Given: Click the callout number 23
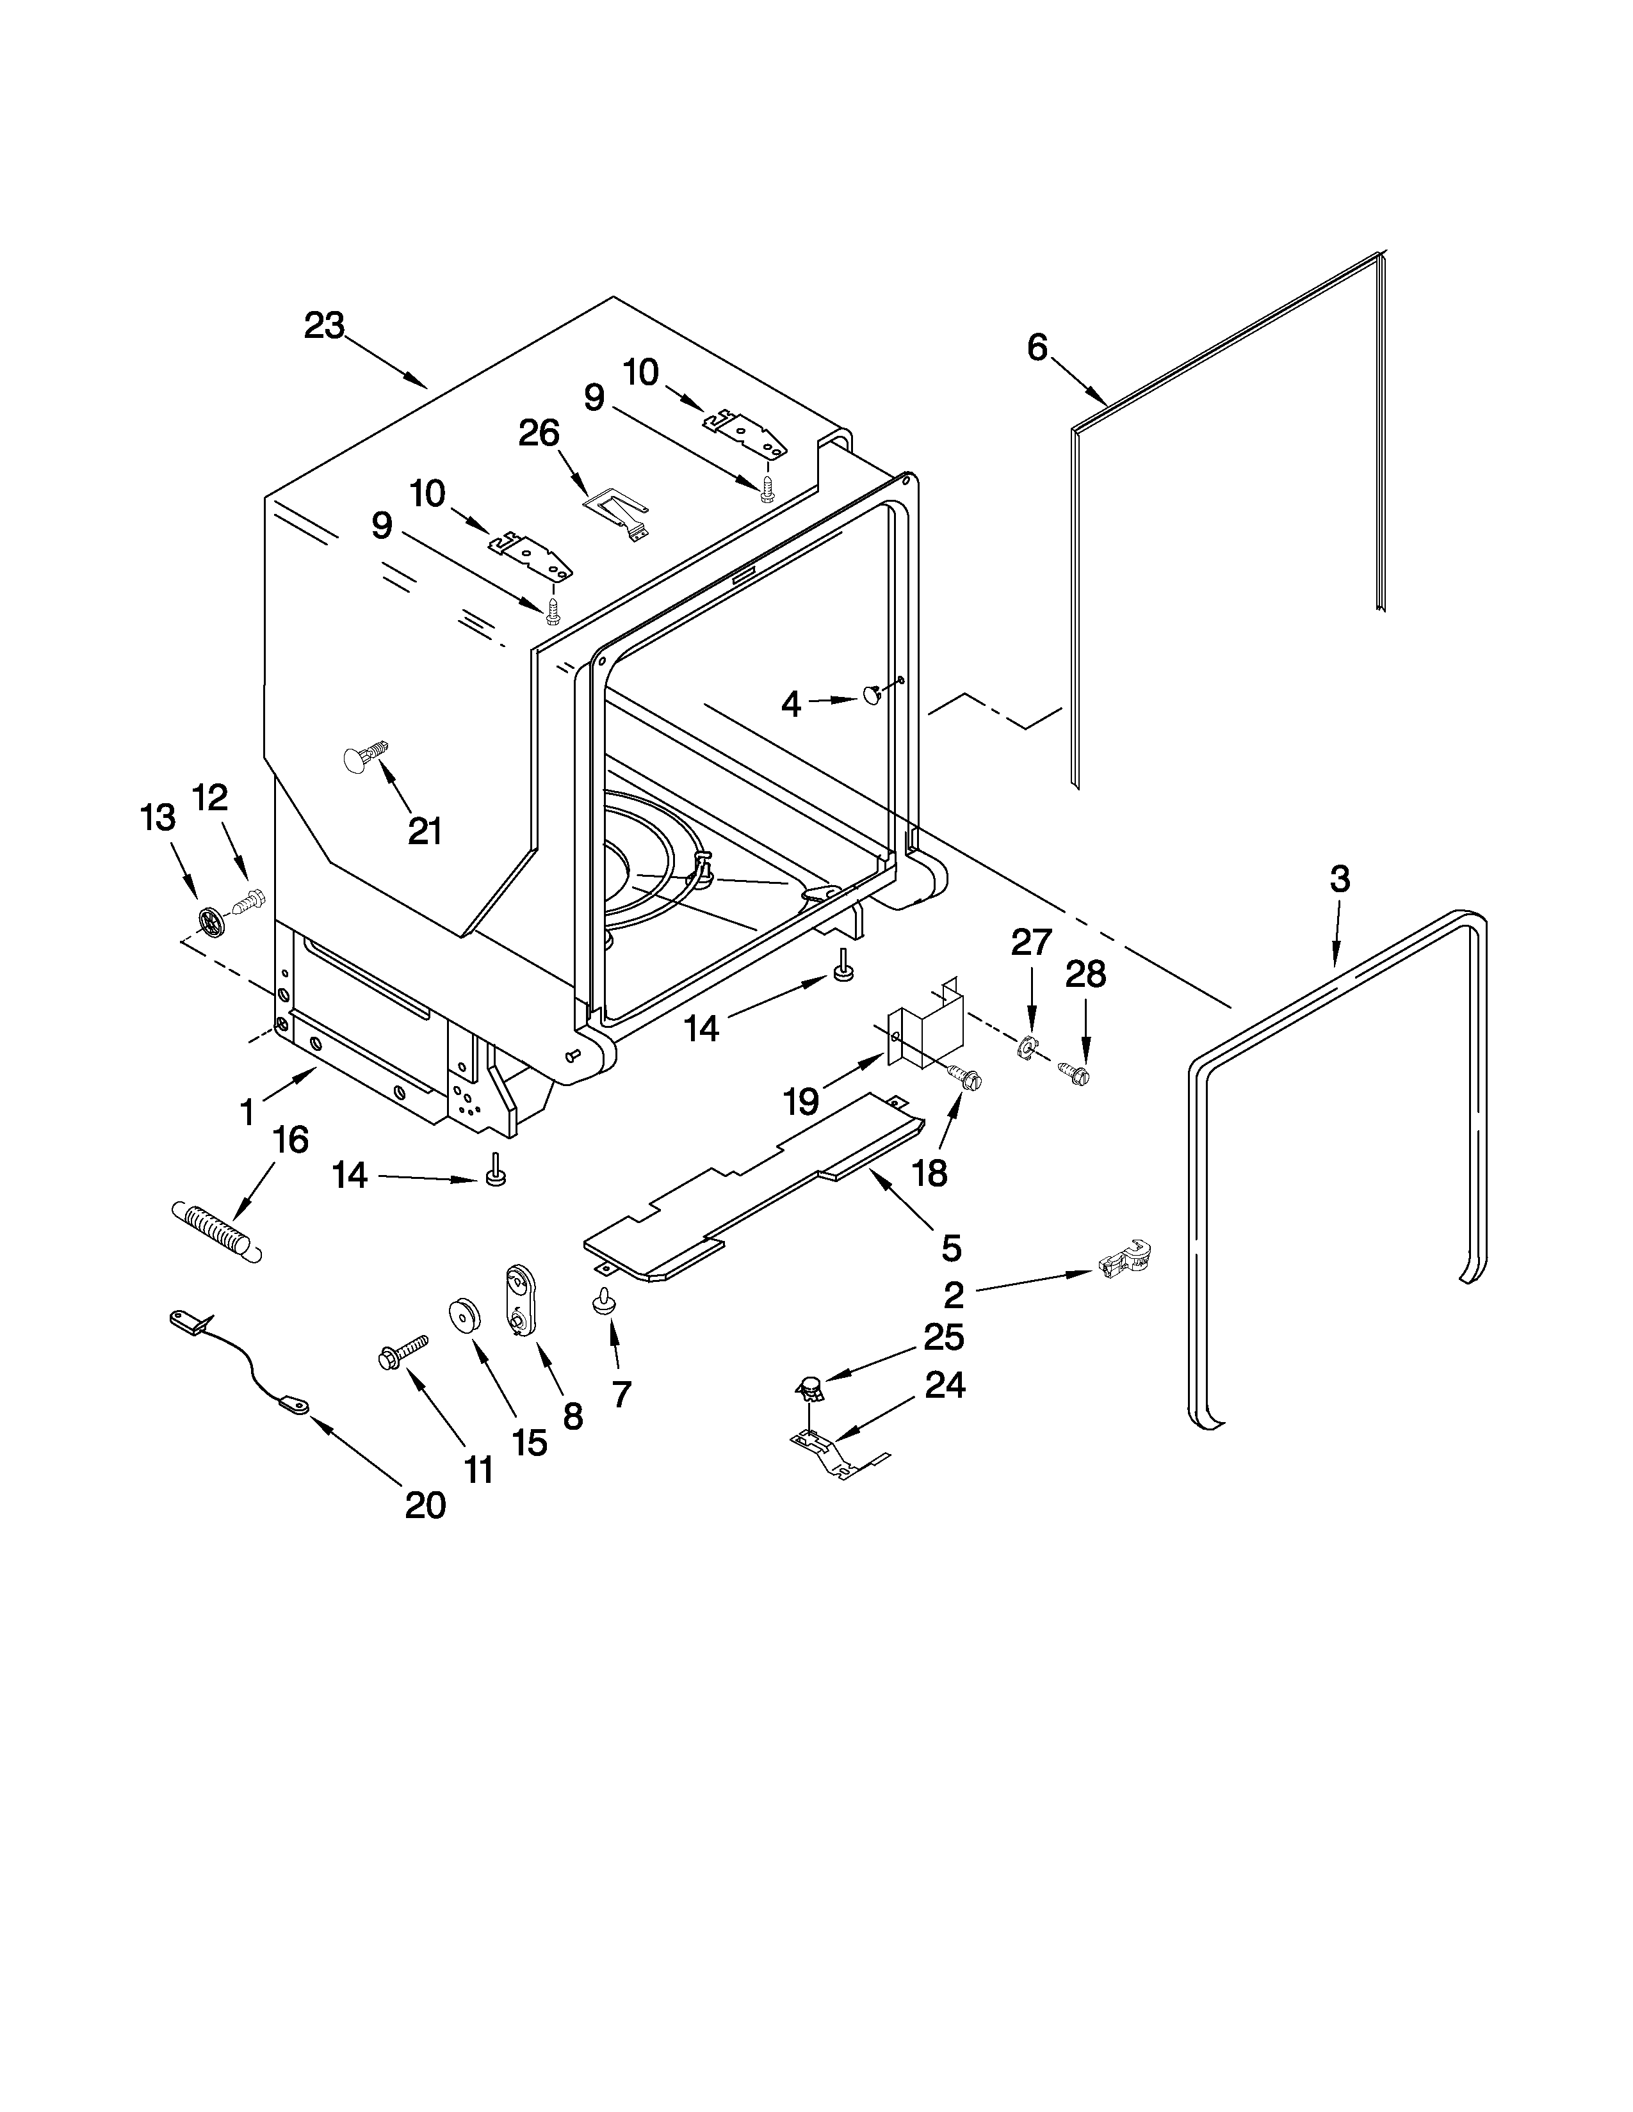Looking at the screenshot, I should (x=324, y=326).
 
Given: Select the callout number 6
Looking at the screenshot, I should (x=1037, y=347).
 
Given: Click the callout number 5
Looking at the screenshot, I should (x=951, y=1247).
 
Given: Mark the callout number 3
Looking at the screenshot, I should (x=1339, y=878).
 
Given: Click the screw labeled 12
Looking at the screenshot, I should (x=250, y=901).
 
